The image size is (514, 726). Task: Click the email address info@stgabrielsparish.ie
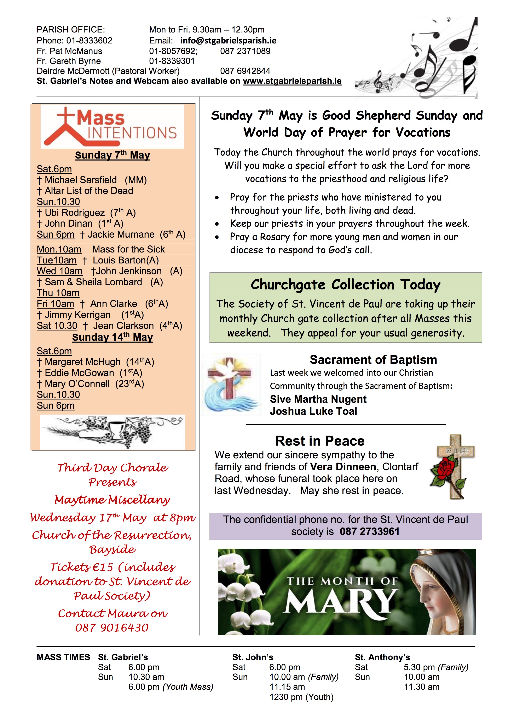point(228,41)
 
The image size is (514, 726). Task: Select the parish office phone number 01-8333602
point(89,41)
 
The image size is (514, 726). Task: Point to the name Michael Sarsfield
point(81,180)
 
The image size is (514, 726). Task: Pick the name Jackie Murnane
point(121,234)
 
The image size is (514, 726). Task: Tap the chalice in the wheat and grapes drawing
point(117,428)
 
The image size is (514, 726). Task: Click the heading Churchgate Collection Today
point(345,285)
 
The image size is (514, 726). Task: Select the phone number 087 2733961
point(369,531)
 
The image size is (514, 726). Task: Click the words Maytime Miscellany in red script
point(112,500)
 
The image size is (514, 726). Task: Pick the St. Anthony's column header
point(382,657)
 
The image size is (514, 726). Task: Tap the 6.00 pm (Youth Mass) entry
point(171,687)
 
